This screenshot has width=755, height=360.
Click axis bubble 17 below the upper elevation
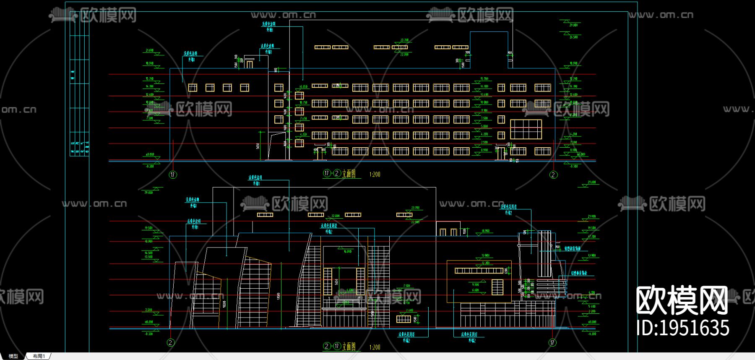(x=173, y=175)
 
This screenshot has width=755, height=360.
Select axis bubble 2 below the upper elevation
(x=553, y=175)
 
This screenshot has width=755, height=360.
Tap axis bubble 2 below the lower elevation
(x=170, y=342)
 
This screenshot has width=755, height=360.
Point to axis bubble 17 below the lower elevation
(x=552, y=342)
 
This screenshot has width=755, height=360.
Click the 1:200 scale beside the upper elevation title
(x=375, y=174)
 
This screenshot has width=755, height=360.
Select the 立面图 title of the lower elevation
(x=349, y=347)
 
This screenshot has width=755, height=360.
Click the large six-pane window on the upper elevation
(x=526, y=129)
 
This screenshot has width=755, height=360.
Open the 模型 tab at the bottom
(x=13, y=356)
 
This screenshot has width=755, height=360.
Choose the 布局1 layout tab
(x=39, y=356)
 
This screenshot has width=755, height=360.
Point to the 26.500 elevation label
(x=573, y=37)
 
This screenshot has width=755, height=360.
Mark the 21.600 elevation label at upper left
(x=150, y=50)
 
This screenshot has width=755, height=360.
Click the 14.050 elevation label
(x=303, y=87)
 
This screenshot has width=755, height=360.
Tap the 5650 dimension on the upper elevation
(x=258, y=146)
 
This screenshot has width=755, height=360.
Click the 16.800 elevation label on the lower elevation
(x=347, y=251)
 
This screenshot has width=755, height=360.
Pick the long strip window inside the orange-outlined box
(x=479, y=271)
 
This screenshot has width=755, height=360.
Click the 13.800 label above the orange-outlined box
(x=485, y=255)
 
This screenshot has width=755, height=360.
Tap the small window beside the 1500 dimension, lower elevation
(x=404, y=319)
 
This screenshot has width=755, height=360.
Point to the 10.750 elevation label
(x=303, y=102)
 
